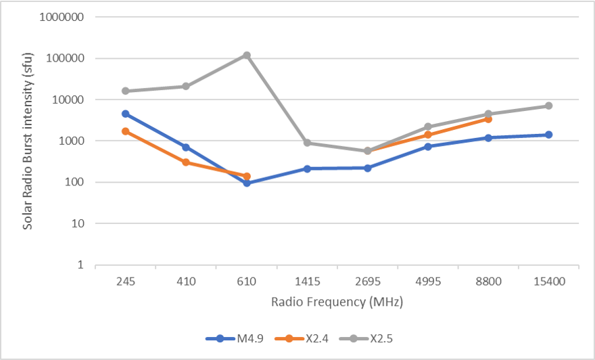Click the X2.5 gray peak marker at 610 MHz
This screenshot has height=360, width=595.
click(x=247, y=55)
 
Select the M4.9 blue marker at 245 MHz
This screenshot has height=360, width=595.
click(x=126, y=114)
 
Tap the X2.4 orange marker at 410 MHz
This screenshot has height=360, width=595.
click(x=186, y=162)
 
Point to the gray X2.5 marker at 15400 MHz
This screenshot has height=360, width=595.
click(x=549, y=106)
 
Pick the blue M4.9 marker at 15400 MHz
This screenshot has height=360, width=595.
click(x=549, y=135)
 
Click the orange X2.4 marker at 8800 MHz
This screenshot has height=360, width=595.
click(x=488, y=119)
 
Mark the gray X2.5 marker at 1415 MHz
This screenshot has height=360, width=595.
click(x=307, y=143)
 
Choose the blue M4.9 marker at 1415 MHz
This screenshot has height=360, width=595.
click(x=307, y=168)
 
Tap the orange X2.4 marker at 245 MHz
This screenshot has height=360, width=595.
click(x=126, y=131)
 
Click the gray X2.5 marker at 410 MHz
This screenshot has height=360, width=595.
click(x=186, y=86)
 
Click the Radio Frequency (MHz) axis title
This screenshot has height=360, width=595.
click(x=337, y=302)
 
